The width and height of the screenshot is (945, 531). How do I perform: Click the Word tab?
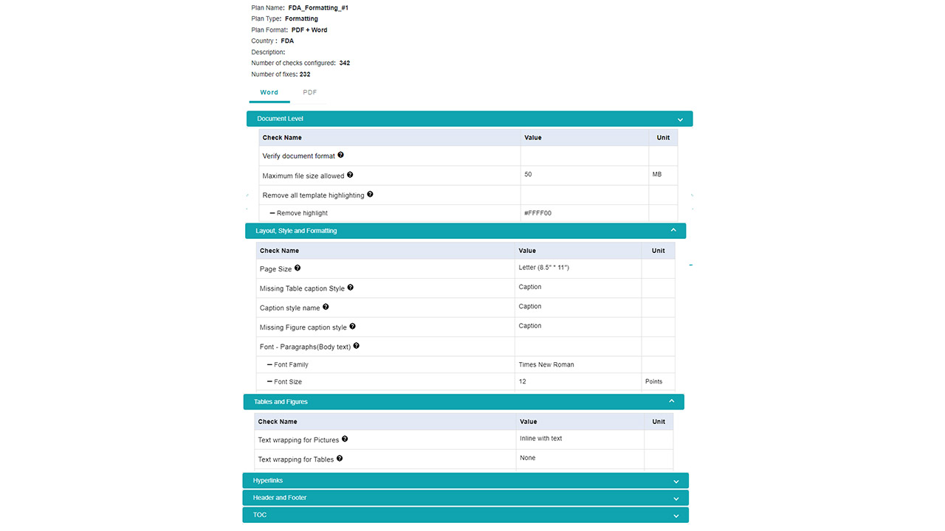pyautogui.click(x=269, y=93)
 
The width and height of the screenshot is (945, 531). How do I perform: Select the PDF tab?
pyautogui.click(x=310, y=93)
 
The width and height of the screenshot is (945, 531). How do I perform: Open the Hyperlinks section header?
pyautogui.click(x=465, y=481)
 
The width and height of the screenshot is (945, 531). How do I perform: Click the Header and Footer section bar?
pyautogui.click(x=465, y=498)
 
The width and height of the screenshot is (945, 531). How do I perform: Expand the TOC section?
pyautogui.click(x=465, y=515)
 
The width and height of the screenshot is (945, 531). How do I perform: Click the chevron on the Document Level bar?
pyautogui.click(x=679, y=119)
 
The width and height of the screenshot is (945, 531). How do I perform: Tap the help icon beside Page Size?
pyautogui.click(x=298, y=268)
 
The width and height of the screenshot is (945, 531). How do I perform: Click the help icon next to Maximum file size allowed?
pyautogui.click(x=350, y=175)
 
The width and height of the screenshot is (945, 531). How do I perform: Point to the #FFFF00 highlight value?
pyautogui.click(x=537, y=213)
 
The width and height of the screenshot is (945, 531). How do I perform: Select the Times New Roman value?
pyautogui.click(x=546, y=364)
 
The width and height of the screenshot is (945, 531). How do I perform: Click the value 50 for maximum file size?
pyautogui.click(x=528, y=175)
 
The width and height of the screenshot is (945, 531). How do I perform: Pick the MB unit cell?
pyautogui.click(x=657, y=175)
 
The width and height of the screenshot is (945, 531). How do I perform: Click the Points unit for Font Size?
pyautogui.click(x=654, y=382)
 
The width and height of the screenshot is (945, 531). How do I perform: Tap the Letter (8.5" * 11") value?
pyautogui.click(x=543, y=268)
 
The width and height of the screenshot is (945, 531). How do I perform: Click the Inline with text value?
pyautogui.click(x=540, y=439)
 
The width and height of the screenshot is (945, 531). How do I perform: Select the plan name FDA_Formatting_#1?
pyautogui.click(x=318, y=8)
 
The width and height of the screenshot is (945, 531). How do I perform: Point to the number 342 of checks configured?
pyautogui.click(x=345, y=63)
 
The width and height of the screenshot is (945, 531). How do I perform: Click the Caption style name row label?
pyautogui.click(x=289, y=308)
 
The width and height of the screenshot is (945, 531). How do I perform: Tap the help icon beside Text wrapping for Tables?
pyautogui.click(x=340, y=459)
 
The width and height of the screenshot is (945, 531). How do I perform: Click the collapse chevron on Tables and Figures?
pyautogui.click(x=672, y=401)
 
